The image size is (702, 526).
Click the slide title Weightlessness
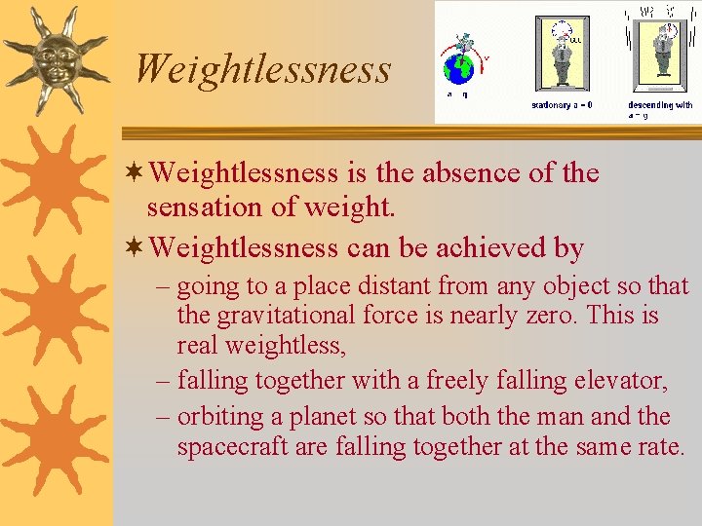click(262, 69)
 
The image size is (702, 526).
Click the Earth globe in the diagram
click(458, 69)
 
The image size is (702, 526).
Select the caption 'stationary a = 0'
click(562, 105)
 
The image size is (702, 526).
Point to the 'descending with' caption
click(660, 105)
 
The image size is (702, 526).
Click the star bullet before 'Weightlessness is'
click(136, 173)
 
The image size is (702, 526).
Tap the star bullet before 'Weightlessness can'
click(136, 248)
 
